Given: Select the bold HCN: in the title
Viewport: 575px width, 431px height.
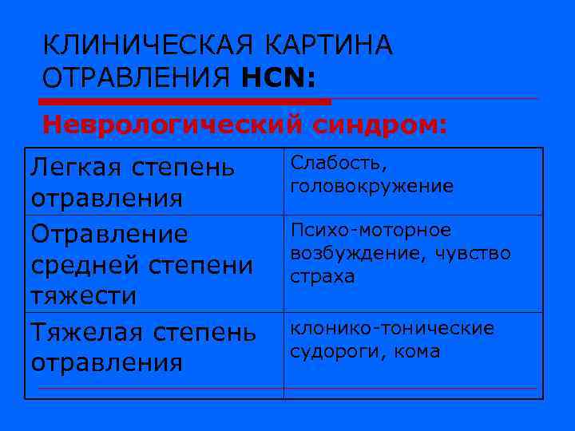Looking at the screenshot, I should point(276,78).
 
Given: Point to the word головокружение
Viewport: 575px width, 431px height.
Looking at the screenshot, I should point(372,186).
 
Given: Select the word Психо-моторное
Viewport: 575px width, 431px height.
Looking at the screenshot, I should point(371,231).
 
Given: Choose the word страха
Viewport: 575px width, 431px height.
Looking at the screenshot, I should point(323,277).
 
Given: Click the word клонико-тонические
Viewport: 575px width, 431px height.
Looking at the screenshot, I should point(392,328).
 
